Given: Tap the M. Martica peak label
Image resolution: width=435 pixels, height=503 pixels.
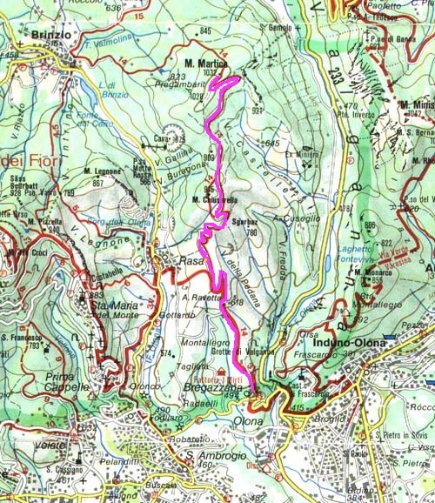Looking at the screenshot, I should point(205,64).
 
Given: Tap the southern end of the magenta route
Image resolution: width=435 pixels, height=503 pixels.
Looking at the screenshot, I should point(253,392).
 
